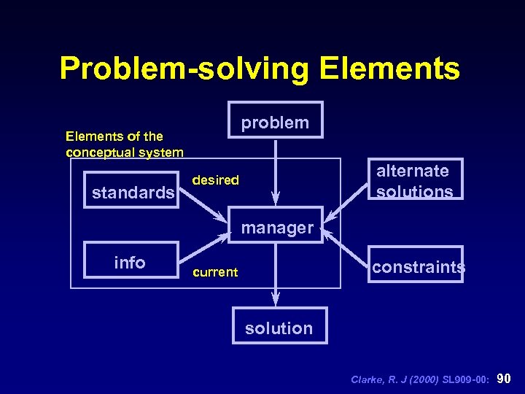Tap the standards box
click(132, 191)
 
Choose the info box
click(131, 260)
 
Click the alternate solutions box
click(414, 179)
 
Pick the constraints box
click(416, 265)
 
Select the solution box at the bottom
click(279, 326)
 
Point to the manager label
click(277, 228)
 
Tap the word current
click(214, 272)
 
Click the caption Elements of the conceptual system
click(124, 144)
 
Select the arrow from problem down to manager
click(275, 171)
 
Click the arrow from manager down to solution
click(276, 274)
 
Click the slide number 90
click(503, 379)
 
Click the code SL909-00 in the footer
click(467, 379)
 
